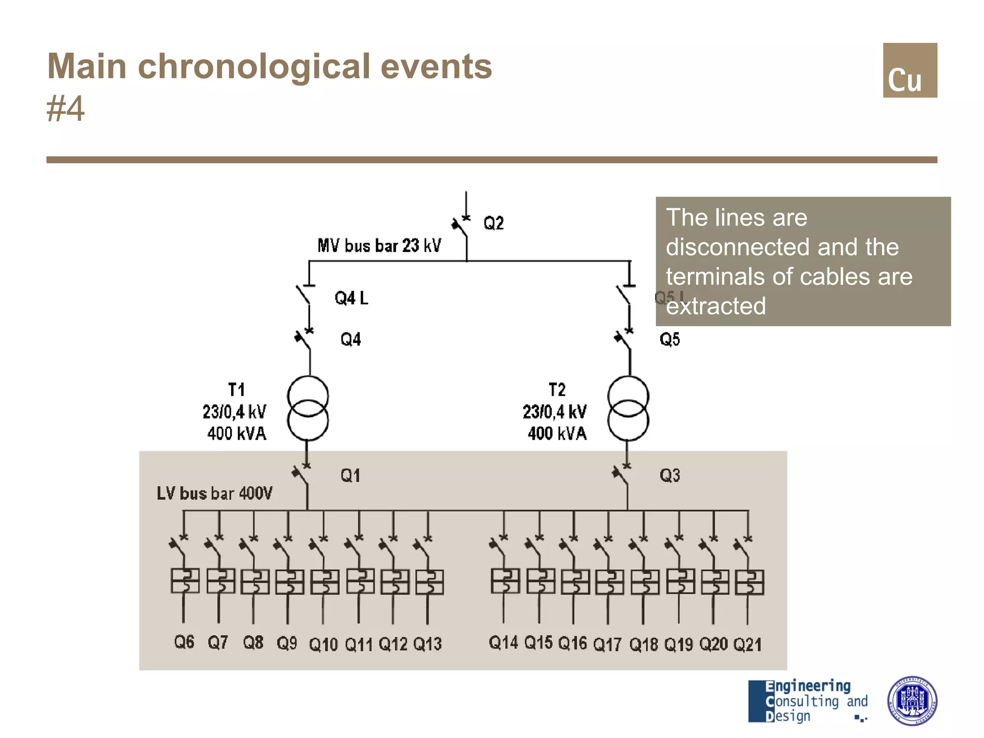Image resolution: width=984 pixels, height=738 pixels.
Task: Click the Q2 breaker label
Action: coord(493,223)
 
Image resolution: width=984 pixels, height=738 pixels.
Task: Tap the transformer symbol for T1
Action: coord(308,408)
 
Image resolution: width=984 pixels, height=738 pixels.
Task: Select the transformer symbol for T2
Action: coord(628,408)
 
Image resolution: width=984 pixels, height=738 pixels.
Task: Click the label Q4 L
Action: coord(351,298)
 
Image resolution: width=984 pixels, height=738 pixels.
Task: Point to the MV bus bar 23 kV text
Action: coord(379,246)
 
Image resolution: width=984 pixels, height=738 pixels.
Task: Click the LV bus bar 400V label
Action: coord(214,493)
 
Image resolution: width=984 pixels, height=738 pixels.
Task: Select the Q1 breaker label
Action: coord(350,476)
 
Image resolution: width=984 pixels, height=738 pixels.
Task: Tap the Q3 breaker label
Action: coord(670,476)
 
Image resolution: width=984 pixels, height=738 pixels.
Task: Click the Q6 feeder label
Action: coord(184,642)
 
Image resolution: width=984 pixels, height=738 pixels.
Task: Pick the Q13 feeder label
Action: coord(427,644)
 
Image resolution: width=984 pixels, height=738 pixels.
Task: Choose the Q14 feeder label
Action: coord(503,642)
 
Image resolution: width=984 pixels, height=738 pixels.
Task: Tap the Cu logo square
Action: coord(910,71)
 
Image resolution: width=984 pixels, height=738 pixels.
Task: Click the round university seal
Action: coord(911,701)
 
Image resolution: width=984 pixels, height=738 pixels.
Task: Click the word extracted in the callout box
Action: coord(716,306)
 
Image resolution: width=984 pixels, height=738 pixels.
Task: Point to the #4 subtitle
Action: coord(66,109)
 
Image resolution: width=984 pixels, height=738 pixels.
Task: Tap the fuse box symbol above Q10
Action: coord(325,582)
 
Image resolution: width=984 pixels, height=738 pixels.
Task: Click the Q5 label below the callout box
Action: coord(670,340)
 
